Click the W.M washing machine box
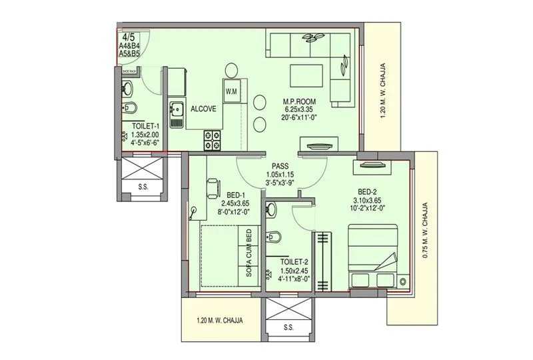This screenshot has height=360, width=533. [x=232, y=90]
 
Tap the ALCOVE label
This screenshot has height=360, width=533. [x=203, y=109]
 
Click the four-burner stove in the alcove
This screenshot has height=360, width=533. [x=213, y=139]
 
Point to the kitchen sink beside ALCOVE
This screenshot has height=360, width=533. [x=177, y=114]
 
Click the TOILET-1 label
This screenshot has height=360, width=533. [x=145, y=126]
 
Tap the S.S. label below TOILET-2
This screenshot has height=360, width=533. [x=288, y=327]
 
